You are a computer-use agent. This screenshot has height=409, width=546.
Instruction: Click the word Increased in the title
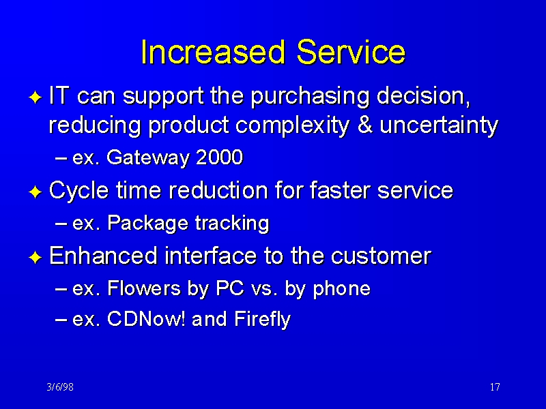(x=212, y=52)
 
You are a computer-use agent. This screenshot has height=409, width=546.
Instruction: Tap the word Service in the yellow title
(x=351, y=52)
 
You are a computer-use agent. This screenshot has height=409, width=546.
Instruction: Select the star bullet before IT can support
(x=35, y=97)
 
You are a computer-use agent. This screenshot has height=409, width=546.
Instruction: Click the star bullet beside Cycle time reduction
(x=35, y=192)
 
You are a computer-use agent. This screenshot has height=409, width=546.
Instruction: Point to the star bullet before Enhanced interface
(x=35, y=258)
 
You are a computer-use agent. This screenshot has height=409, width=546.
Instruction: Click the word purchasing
(x=310, y=96)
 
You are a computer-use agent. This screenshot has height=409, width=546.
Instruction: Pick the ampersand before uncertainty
(x=364, y=125)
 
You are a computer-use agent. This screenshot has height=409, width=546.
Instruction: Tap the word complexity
(x=293, y=126)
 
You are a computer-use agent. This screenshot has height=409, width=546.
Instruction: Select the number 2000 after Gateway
(x=219, y=157)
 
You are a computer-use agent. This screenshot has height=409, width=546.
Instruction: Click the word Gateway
(x=148, y=158)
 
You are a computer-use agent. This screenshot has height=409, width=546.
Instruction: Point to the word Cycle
(x=78, y=191)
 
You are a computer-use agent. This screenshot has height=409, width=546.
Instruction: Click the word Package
(x=148, y=224)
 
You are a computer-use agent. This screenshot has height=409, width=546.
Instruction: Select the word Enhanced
(x=104, y=256)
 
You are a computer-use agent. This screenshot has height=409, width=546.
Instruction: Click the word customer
(x=382, y=256)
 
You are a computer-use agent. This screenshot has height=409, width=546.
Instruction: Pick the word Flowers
(x=144, y=288)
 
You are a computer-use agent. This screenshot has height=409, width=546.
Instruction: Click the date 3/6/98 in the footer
(x=60, y=387)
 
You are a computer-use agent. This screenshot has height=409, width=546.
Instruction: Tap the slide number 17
(x=495, y=387)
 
